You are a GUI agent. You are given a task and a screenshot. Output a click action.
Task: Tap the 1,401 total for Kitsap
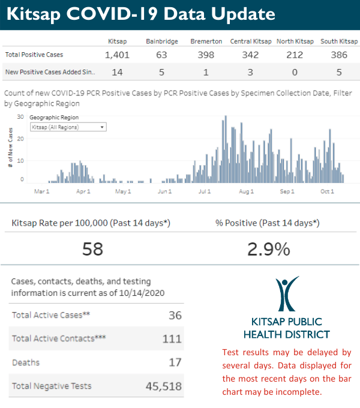point(117,55)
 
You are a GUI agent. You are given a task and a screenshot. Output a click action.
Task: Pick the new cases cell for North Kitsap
point(295,72)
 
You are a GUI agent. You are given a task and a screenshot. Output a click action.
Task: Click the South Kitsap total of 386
point(339,55)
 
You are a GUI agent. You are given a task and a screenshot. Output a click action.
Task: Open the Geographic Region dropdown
point(68,127)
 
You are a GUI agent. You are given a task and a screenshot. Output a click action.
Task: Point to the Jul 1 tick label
point(205,191)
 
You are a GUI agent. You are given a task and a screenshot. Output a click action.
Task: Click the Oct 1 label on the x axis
point(327,191)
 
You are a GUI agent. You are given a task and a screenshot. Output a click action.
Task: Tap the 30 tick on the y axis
point(20,117)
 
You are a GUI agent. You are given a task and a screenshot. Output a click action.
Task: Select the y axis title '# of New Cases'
point(11,150)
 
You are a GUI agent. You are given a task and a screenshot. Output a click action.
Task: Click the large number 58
point(93,248)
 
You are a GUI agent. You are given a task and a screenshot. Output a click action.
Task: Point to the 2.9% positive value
point(268,248)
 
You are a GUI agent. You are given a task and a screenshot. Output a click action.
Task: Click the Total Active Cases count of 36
point(175,316)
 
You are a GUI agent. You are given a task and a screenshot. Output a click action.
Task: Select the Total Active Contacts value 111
point(172,339)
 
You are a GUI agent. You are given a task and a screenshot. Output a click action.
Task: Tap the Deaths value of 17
point(175,363)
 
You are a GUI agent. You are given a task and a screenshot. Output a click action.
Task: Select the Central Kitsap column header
point(251,41)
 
